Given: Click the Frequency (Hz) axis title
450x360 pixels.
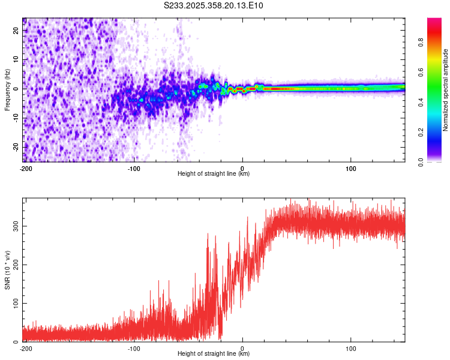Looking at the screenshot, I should click(7, 89).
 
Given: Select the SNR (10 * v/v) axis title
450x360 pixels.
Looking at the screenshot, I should click(7, 269).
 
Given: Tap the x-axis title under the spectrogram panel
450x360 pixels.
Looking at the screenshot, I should click(214, 173).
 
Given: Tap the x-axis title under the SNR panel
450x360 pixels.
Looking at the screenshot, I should click(214, 353).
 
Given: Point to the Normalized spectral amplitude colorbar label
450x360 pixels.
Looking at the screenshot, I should click(445, 90).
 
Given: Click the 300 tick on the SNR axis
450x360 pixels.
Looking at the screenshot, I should click(14, 226).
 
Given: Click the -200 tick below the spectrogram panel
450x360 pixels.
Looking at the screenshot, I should click(26, 167).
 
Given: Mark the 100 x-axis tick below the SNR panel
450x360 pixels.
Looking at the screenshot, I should click(351, 347).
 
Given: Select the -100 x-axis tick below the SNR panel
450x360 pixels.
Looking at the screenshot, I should click(133, 347).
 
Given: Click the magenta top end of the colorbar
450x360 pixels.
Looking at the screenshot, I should click(434, 20).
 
